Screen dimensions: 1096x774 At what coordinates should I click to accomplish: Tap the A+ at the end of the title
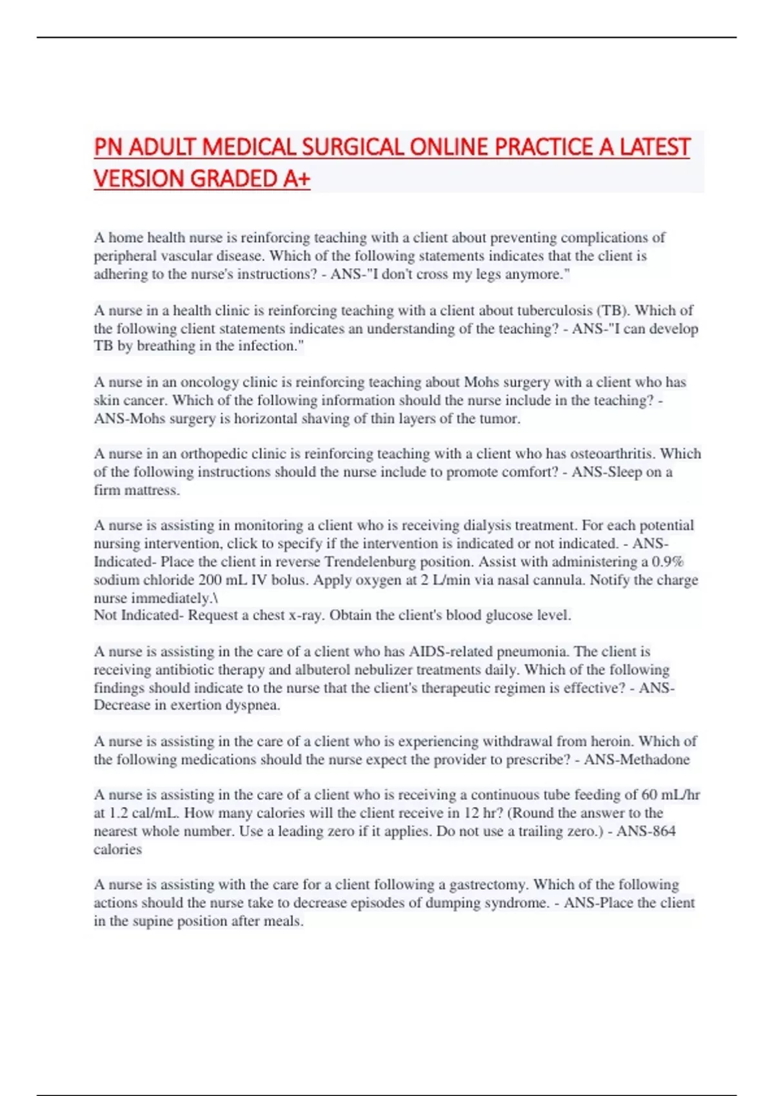(x=296, y=179)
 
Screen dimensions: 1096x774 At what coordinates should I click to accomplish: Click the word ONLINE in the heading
(x=449, y=147)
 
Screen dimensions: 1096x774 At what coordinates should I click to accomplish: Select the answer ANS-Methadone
(x=637, y=759)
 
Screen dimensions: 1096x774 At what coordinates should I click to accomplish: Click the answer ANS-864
(x=646, y=830)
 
